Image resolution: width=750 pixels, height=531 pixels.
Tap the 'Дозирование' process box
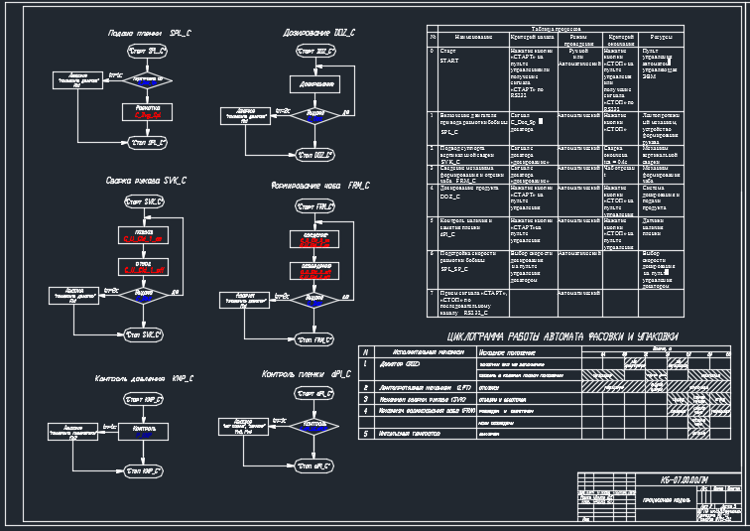tap(314, 84)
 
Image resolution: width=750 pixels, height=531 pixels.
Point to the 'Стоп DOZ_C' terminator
tap(314, 154)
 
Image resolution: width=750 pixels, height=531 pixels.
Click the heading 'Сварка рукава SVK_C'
tap(146, 181)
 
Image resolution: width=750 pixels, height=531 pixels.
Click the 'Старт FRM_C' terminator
tap(316, 206)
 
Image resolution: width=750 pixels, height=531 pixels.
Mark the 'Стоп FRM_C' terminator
tap(316, 339)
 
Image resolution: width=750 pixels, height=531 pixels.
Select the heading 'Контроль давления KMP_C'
tap(145, 378)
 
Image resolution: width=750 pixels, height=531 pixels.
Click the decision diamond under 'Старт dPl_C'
tap(315, 425)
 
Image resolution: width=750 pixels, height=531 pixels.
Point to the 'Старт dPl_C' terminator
tap(315, 394)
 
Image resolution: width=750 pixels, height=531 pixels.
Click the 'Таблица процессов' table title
tap(561, 29)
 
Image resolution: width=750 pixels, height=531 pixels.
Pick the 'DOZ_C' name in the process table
tap(451, 198)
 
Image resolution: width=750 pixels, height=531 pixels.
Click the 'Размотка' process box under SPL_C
tap(147, 111)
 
